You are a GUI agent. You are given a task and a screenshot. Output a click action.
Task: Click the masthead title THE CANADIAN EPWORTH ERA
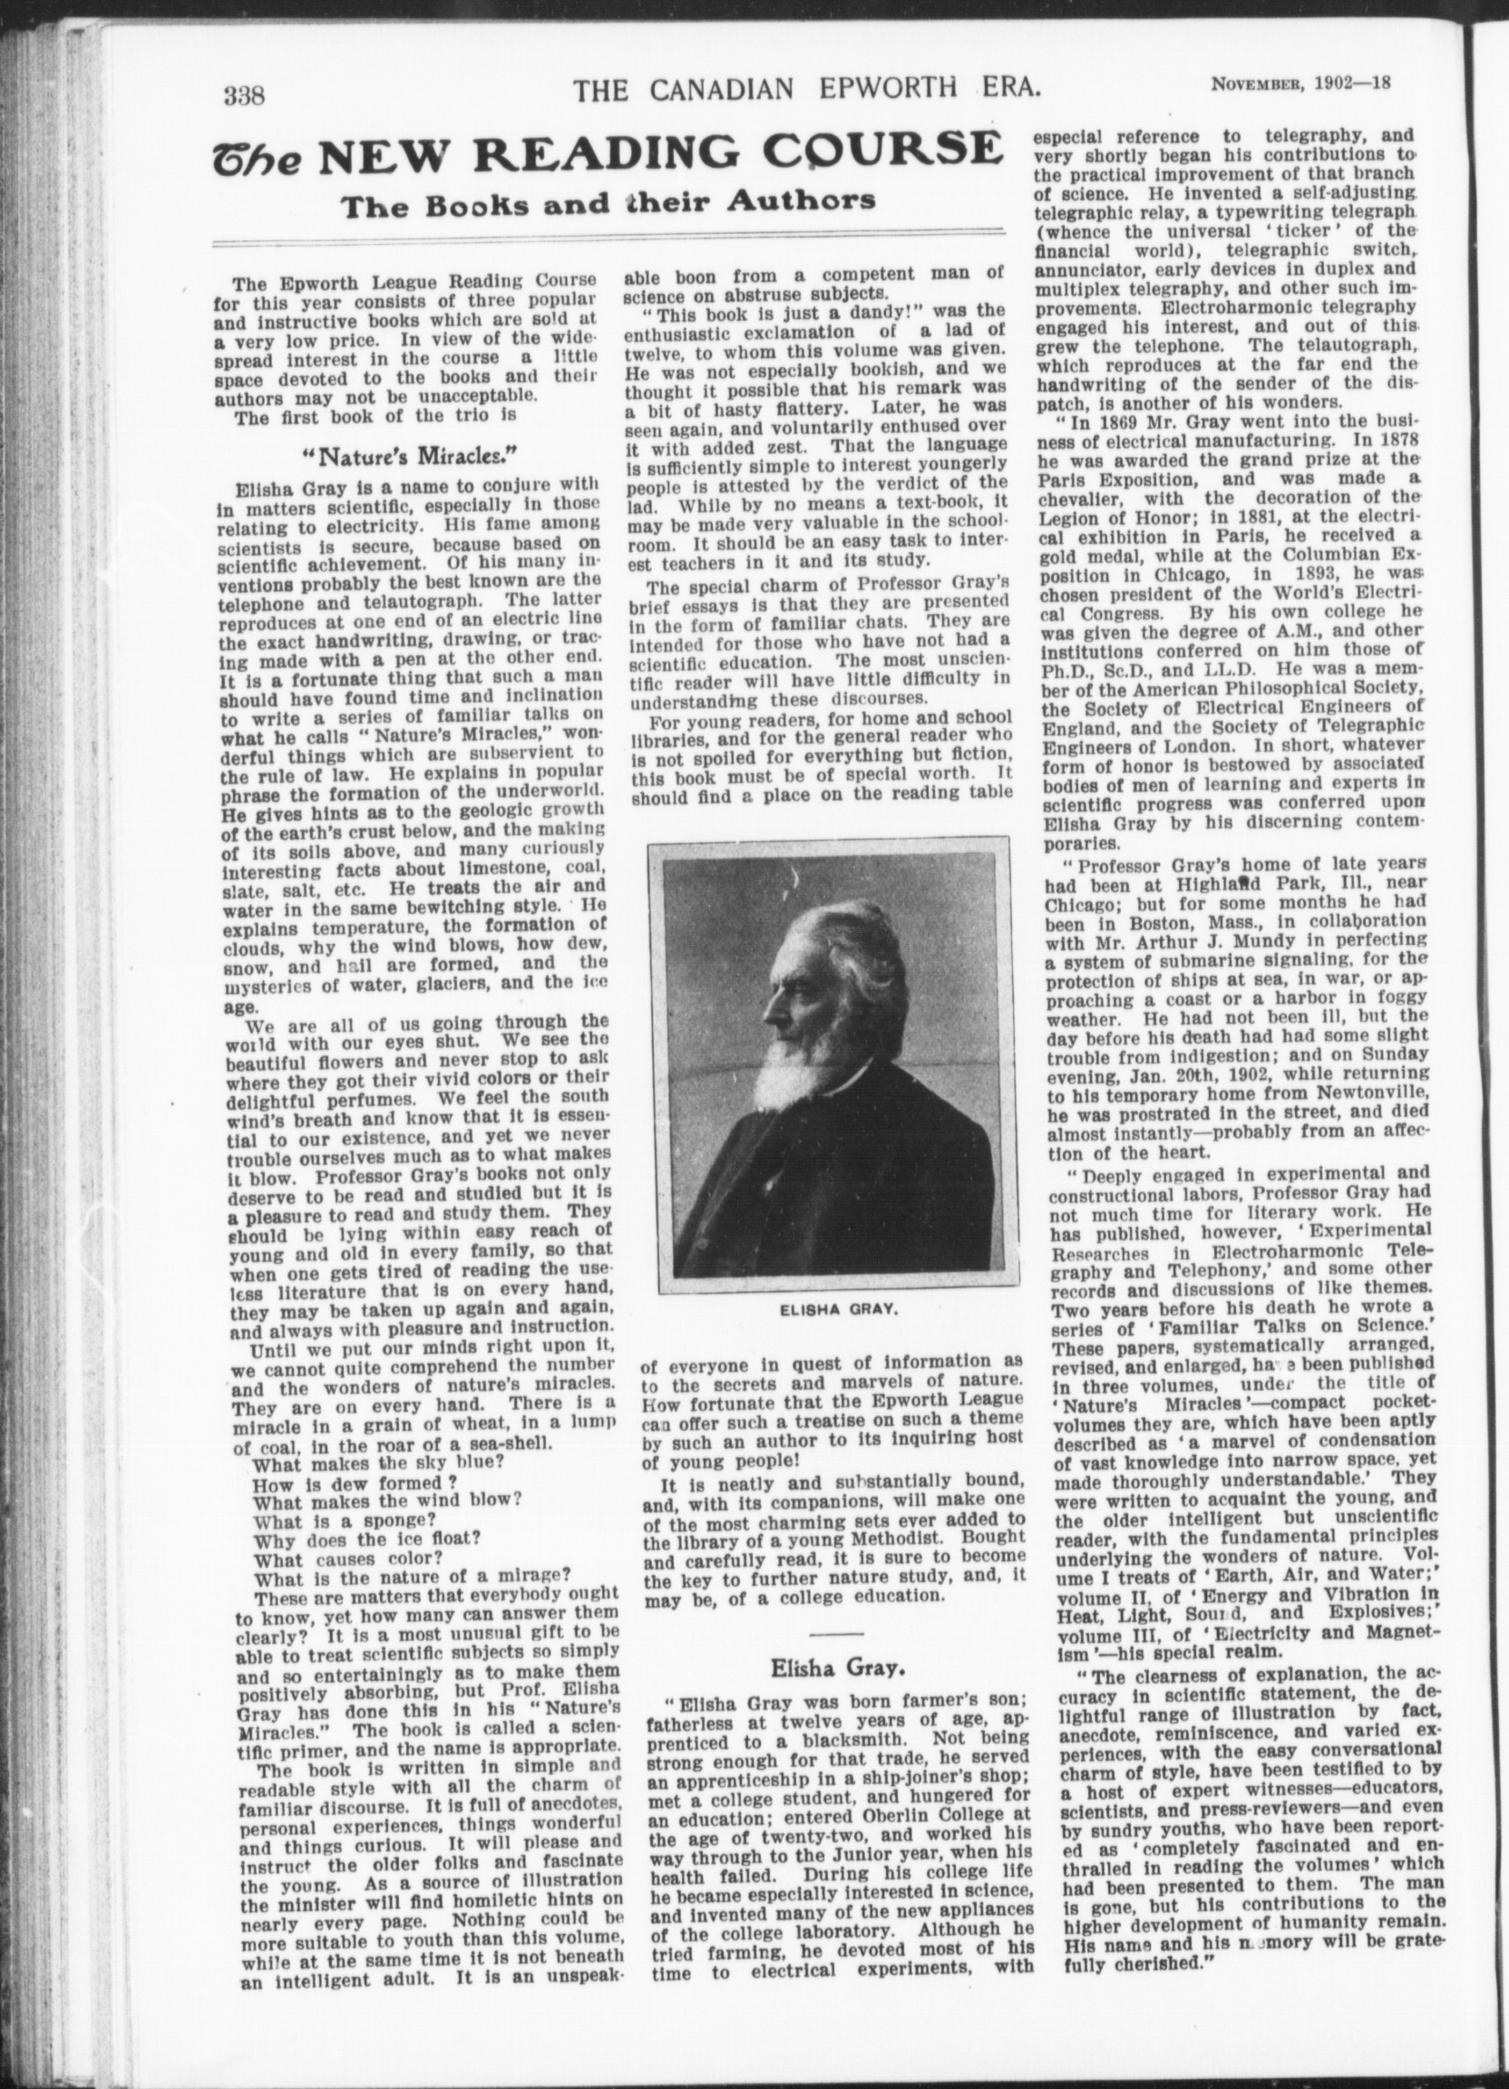[x=807, y=90]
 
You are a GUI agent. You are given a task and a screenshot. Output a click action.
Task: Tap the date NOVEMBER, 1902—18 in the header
[x=1300, y=84]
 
